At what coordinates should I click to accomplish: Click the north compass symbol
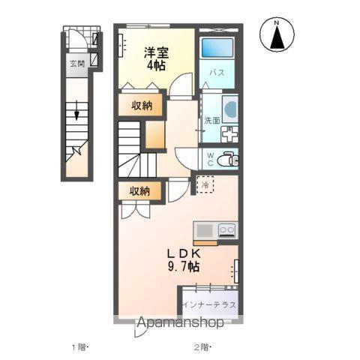(x=277, y=35)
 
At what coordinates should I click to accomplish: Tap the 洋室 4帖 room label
(x=156, y=59)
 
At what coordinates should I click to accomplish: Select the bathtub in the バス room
(x=217, y=48)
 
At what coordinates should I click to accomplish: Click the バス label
(x=217, y=73)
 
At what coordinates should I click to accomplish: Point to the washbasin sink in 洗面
(x=231, y=109)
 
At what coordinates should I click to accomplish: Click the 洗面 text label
(x=212, y=120)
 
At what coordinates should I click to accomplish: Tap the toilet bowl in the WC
(x=227, y=159)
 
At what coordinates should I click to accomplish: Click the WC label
(x=211, y=160)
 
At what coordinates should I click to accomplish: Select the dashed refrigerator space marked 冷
(x=205, y=184)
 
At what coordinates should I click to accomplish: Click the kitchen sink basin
(x=204, y=230)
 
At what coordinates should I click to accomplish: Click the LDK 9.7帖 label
(x=184, y=260)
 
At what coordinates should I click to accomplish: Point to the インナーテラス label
(x=209, y=304)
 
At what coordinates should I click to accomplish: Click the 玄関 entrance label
(x=77, y=64)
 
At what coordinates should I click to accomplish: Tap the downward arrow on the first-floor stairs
(x=76, y=110)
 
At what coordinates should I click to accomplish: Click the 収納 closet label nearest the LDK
(x=139, y=191)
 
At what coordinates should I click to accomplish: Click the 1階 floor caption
(x=79, y=347)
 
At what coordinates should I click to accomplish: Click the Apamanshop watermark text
(x=180, y=322)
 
